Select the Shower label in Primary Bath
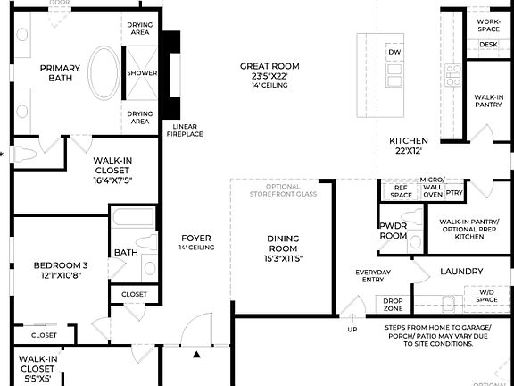click(x=142, y=73)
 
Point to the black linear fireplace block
click(x=170, y=75)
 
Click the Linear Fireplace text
click(x=187, y=130)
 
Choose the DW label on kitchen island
click(x=394, y=52)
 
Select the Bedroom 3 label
click(x=61, y=270)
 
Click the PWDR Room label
click(x=393, y=231)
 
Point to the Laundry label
click(x=461, y=272)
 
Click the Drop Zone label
click(x=393, y=304)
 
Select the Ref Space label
click(x=401, y=190)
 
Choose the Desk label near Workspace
click(x=488, y=44)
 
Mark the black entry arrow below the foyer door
click(x=196, y=356)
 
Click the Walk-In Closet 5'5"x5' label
click(x=37, y=367)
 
